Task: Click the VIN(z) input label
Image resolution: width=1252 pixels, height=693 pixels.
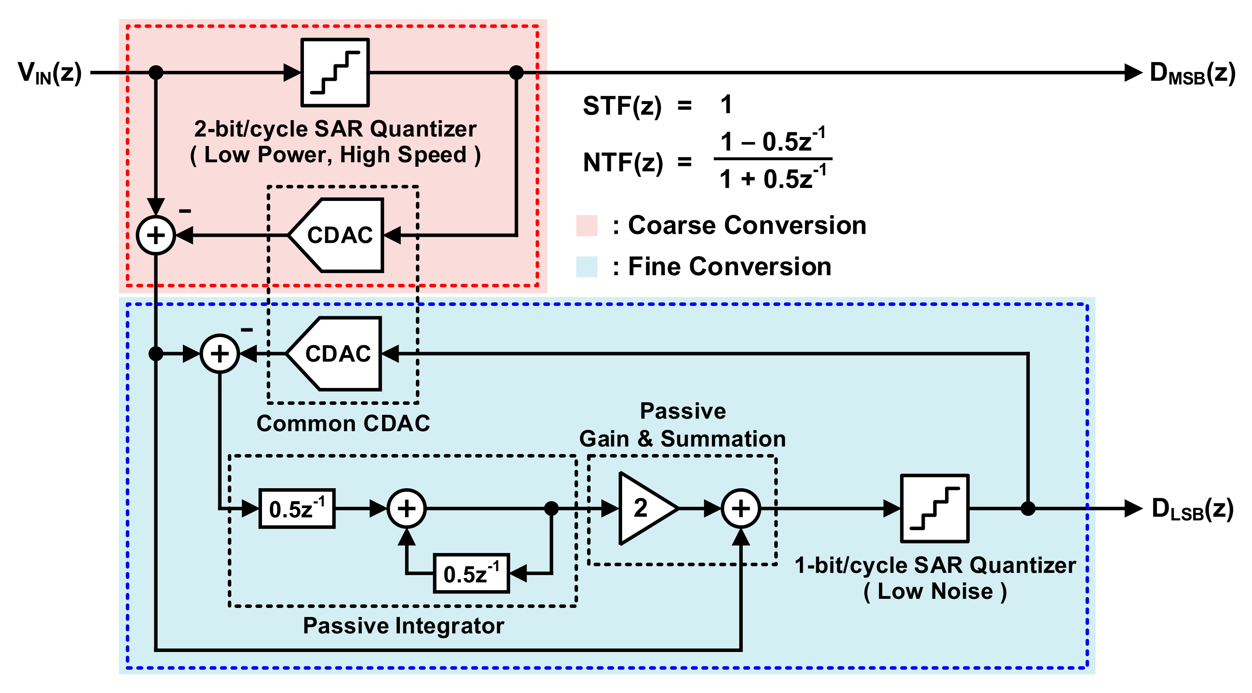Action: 50,73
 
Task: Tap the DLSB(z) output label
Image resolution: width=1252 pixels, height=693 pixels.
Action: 1192,509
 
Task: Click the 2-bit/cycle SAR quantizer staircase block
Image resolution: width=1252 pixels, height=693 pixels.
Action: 335,72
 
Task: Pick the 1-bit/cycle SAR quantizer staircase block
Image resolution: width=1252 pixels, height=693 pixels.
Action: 934,509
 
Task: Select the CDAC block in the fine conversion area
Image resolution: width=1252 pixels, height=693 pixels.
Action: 337,353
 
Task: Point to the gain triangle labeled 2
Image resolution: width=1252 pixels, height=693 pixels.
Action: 644,509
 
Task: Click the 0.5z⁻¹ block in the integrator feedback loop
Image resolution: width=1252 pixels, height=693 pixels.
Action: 471,573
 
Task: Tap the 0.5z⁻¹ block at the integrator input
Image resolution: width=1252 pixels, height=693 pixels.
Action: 297,509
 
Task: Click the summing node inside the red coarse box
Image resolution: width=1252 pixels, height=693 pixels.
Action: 156,235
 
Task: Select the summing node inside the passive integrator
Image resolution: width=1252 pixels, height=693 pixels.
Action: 406,509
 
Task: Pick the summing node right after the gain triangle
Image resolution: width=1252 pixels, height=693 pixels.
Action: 740,509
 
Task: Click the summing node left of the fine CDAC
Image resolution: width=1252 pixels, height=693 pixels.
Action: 220,353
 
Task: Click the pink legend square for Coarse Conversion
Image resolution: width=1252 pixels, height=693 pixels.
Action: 587,226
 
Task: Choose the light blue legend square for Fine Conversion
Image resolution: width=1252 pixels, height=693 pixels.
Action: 587,267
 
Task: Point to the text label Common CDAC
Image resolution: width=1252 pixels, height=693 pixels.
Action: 343,423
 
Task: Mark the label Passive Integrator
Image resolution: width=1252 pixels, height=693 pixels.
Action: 403,626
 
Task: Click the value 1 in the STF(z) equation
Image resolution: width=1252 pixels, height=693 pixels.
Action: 726,105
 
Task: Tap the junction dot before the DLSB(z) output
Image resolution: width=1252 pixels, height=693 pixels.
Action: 1028,509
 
